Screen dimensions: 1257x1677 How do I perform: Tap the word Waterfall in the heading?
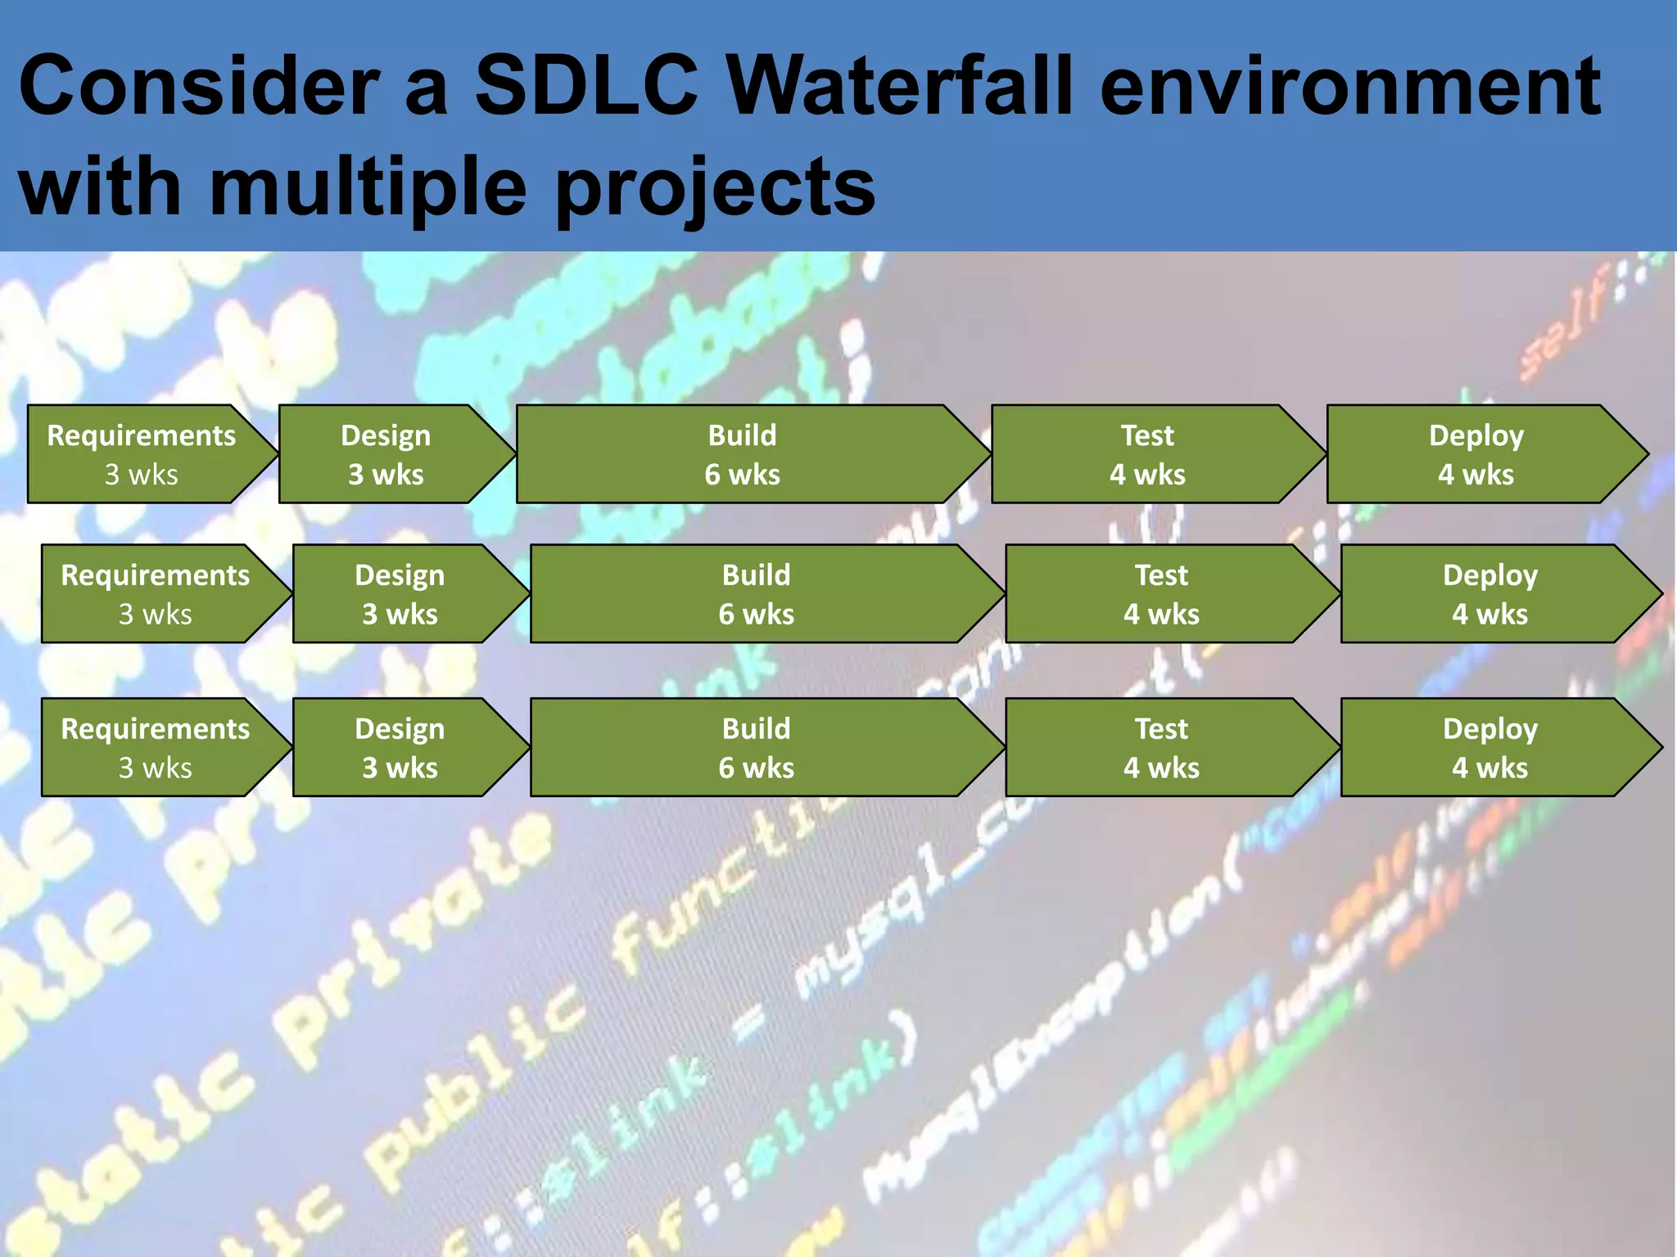(899, 85)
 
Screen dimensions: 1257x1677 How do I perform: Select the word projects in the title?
(715, 188)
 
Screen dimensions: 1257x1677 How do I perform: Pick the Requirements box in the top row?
(142, 454)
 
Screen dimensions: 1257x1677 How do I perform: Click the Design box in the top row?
(386, 454)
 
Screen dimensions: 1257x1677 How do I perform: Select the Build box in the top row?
(742, 454)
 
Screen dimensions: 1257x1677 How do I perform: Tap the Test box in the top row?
(1147, 454)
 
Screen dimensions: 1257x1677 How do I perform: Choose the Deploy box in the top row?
(1476, 454)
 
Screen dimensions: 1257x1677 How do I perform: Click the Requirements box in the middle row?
(156, 594)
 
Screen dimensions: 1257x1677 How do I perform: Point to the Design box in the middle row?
(400, 594)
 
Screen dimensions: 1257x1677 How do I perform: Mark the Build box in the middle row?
(756, 594)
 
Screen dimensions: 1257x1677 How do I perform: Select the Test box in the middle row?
(1161, 594)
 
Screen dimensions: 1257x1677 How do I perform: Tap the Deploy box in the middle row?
(1489, 594)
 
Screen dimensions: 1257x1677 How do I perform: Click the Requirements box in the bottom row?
(156, 748)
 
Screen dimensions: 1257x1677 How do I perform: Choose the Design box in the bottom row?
(400, 748)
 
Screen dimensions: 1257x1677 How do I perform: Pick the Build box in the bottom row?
(756, 748)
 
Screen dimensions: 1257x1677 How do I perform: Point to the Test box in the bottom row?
(1161, 748)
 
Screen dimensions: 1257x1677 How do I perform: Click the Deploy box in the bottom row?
(1489, 748)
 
